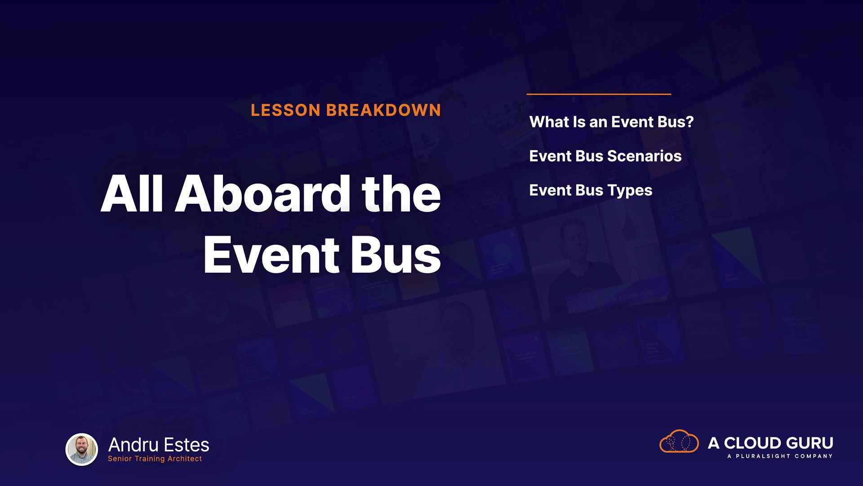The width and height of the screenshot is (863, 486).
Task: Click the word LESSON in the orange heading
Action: pyautogui.click(x=285, y=110)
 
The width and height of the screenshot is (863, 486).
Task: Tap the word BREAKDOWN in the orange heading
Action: pyautogui.click(x=384, y=110)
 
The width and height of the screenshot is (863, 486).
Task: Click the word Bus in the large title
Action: pyautogui.click(x=396, y=255)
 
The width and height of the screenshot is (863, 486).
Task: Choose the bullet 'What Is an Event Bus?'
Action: pyautogui.click(x=612, y=122)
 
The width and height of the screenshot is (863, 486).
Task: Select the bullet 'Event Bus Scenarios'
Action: pyautogui.click(x=605, y=156)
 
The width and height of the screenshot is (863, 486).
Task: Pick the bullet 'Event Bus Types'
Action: pyautogui.click(x=591, y=191)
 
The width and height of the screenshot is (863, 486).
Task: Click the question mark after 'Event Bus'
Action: pyautogui.click(x=690, y=122)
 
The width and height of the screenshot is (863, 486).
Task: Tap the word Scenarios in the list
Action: pyautogui.click(x=645, y=156)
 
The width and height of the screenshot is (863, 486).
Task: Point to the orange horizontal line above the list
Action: pyautogui.click(x=599, y=94)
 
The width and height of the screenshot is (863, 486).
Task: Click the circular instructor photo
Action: pyautogui.click(x=82, y=450)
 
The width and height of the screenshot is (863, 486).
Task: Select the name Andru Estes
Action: pyautogui.click(x=159, y=445)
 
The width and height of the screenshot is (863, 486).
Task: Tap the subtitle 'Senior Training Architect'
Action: pyautogui.click(x=155, y=459)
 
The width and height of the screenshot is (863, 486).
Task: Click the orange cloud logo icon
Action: pyautogui.click(x=679, y=442)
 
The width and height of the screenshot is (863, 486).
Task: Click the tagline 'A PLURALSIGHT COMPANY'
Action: pyautogui.click(x=780, y=456)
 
